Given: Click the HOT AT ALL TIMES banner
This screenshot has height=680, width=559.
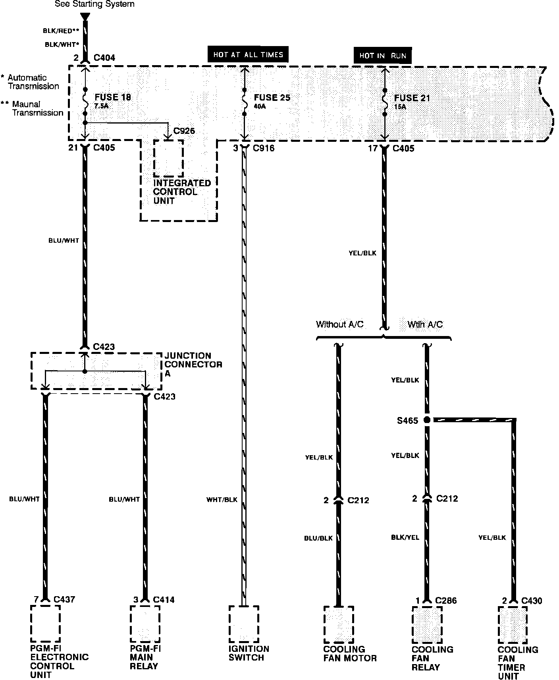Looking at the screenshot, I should [248, 54].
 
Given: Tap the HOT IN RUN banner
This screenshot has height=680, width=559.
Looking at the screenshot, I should [383, 56].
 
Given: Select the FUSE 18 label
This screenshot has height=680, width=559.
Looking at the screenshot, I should [113, 98].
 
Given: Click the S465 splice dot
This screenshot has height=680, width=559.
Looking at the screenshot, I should [427, 420].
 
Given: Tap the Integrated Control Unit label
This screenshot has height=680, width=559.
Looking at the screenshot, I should [182, 192].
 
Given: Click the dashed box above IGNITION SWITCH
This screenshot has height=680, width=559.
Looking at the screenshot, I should [244, 624].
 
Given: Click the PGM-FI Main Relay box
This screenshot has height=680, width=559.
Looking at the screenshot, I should [145, 624].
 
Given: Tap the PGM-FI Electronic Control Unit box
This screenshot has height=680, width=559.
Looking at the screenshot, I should [45, 624].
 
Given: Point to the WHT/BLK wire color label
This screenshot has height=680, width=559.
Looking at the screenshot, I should [222, 500].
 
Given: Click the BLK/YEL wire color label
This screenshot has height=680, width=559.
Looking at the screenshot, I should [405, 537].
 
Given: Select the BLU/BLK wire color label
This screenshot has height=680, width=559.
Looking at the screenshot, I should [318, 538].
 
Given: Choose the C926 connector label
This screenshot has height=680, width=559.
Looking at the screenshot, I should [184, 131].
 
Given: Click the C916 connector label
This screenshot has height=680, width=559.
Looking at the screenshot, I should [263, 149].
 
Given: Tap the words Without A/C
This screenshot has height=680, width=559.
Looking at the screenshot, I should [339, 325].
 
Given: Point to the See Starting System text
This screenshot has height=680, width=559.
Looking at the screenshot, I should [94, 4].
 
